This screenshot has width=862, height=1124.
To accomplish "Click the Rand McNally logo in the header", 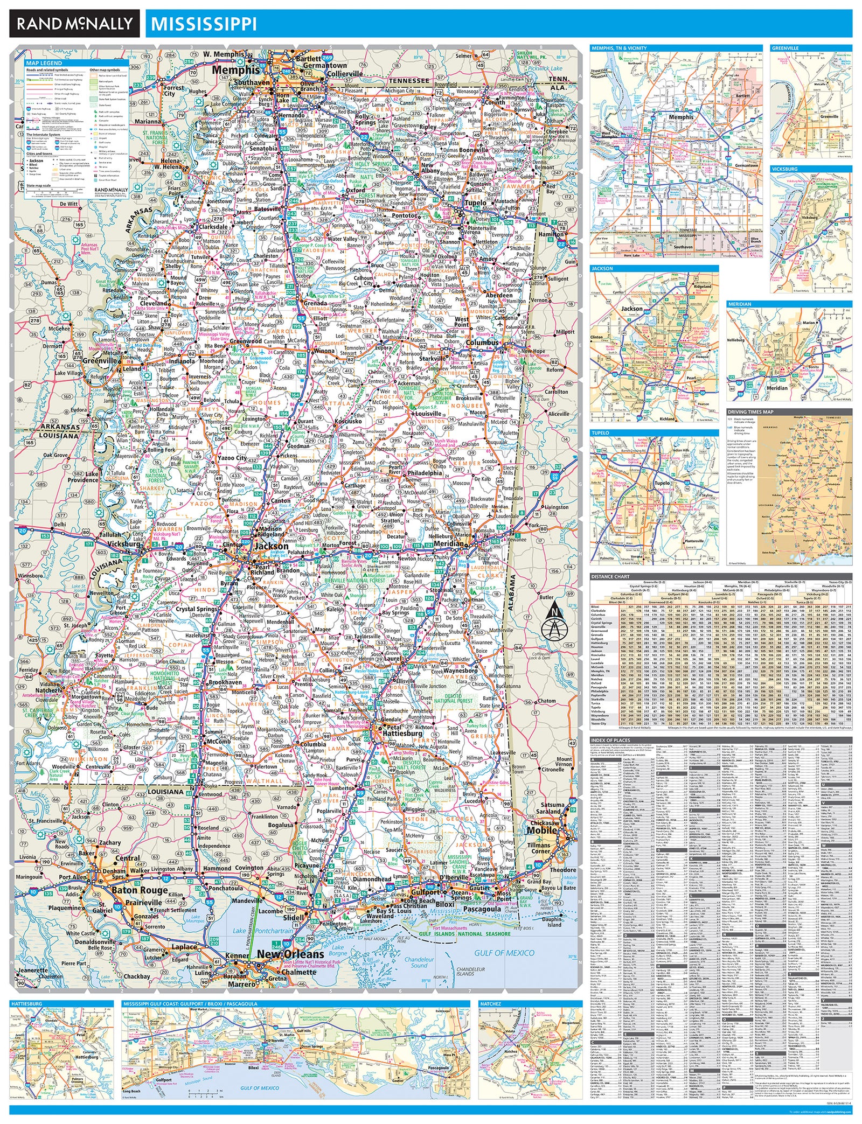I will click(x=74, y=23).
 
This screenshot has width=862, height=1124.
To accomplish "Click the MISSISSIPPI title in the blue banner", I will click(x=204, y=24).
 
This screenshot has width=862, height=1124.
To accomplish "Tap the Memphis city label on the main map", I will click(x=235, y=70).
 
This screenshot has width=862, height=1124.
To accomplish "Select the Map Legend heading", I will click(x=44, y=63).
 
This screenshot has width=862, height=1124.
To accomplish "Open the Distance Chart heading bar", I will click(x=610, y=576).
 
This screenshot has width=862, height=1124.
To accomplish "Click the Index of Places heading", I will click(x=610, y=740).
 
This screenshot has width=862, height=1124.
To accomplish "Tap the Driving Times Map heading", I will click(x=750, y=412).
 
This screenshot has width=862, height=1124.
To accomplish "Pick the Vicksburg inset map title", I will click(x=784, y=169).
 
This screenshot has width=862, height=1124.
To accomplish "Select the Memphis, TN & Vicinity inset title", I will click(x=619, y=48).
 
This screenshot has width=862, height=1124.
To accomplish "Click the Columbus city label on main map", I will click(x=482, y=343).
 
